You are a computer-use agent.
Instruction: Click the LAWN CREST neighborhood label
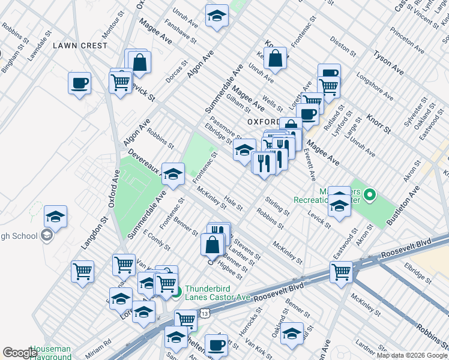click(x=80, y=46)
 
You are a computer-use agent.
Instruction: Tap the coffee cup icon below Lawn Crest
click(x=79, y=83)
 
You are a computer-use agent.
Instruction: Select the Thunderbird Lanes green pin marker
click(x=176, y=293)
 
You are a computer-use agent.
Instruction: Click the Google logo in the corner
click(x=20, y=353)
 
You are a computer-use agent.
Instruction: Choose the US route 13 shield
click(x=205, y=313)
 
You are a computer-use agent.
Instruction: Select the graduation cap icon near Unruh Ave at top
click(x=217, y=17)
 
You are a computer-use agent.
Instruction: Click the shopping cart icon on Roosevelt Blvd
click(x=341, y=271)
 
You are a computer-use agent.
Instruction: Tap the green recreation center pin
click(x=370, y=194)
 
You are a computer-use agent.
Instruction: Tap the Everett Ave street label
click(x=310, y=165)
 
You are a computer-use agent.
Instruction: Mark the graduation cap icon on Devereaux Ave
click(x=173, y=175)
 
